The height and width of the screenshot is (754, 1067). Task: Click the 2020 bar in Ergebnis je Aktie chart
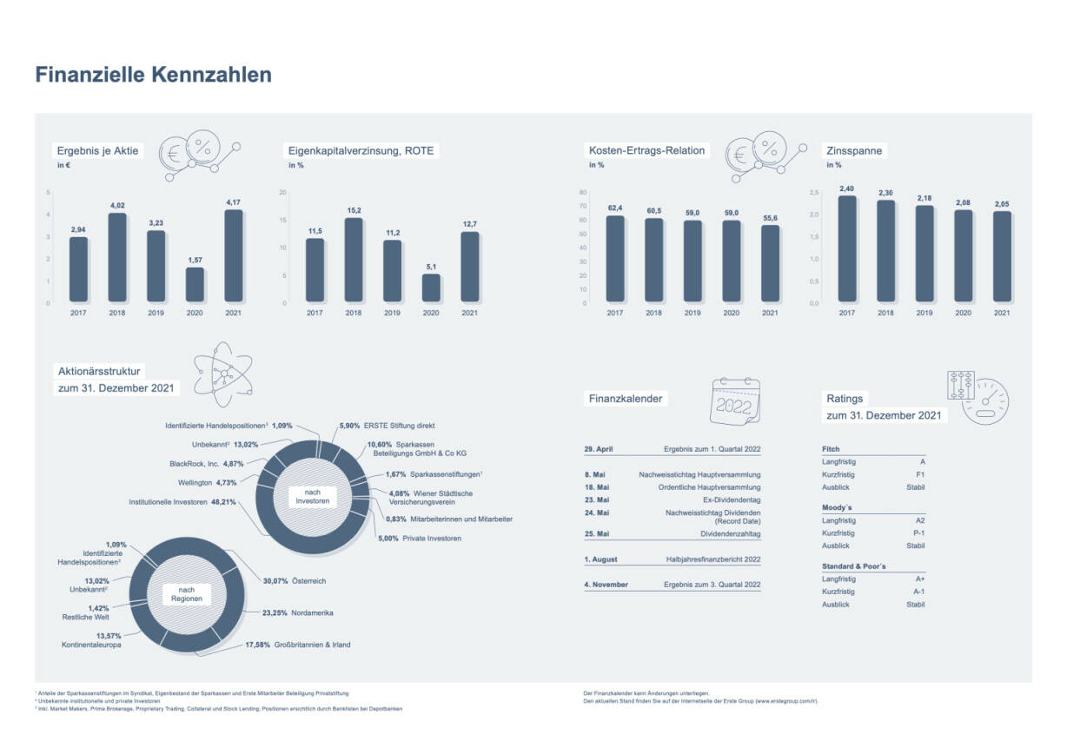(x=195, y=285)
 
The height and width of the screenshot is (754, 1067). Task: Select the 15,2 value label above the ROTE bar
(x=354, y=210)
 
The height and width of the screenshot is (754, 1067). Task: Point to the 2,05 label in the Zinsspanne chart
(x=1001, y=204)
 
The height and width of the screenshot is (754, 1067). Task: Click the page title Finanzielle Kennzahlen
(x=153, y=76)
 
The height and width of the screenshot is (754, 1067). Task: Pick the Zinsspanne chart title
(x=854, y=151)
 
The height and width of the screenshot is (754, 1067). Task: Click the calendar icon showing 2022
(x=735, y=401)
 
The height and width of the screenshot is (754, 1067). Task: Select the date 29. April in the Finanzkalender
(x=599, y=449)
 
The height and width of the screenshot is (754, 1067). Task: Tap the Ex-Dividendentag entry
(x=732, y=500)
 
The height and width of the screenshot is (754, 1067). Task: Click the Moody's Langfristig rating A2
(x=919, y=519)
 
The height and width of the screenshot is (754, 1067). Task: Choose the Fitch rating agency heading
(x=830, y=449)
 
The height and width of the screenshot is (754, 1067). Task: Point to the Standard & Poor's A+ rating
(x=919, y=579)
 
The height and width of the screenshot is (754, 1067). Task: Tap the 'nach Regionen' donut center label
(x=186, y=595)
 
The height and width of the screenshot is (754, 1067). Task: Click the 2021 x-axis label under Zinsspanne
(x=1001, y=313)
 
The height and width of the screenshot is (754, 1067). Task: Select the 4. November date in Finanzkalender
(x=606, y=585)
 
